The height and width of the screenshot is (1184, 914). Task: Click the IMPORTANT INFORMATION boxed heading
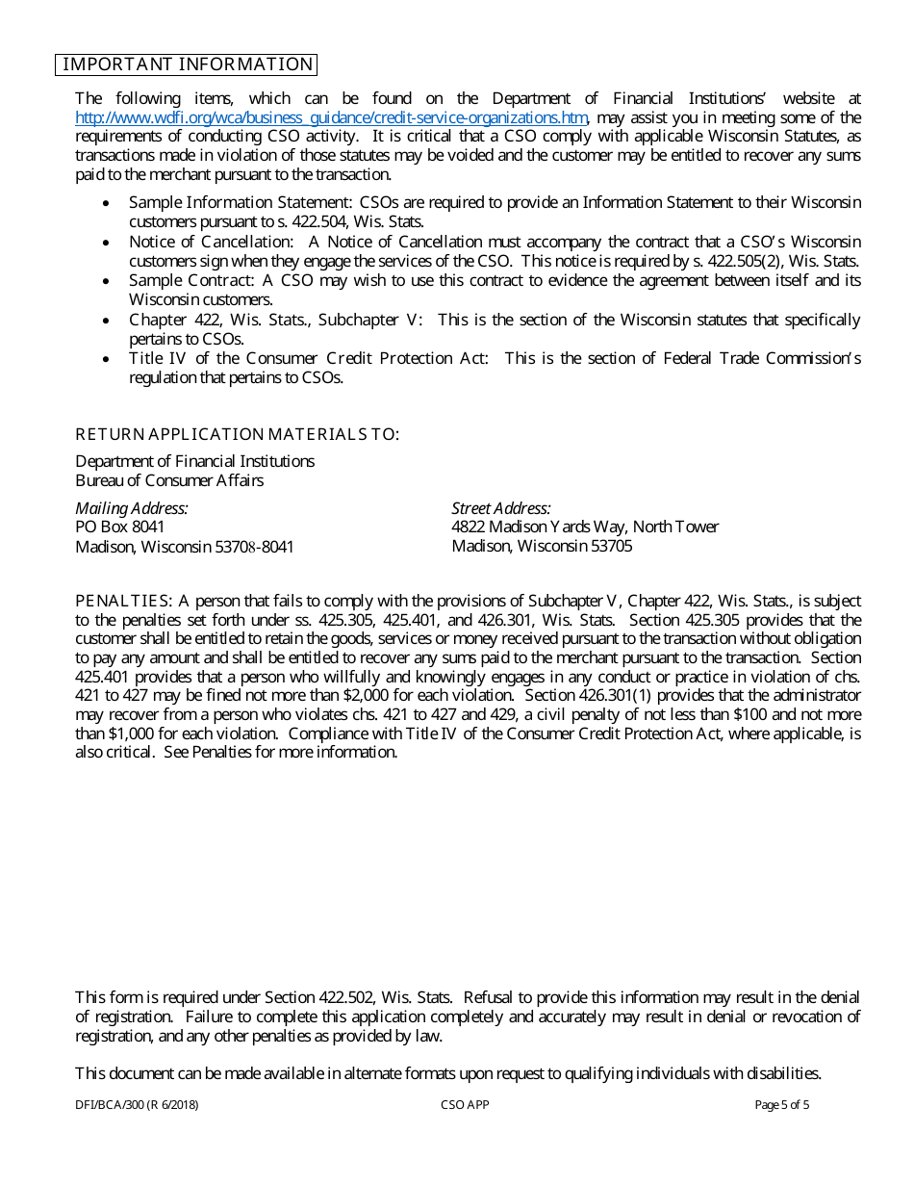[188, 64]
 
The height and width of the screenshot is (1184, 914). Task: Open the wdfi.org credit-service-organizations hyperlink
[331, 117]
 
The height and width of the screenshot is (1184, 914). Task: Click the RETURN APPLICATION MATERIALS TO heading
[237, 434]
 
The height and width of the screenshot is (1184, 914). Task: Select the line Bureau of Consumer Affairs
[169, 480]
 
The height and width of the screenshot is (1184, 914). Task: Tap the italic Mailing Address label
[132, 508]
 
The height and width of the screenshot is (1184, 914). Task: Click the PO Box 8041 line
[120, 527]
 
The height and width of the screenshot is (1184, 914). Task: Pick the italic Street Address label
[501, 508]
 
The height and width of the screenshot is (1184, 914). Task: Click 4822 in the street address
[469, 527]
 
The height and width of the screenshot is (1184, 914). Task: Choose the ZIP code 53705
[611, 546]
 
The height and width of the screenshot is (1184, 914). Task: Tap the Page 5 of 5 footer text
[782, 1105]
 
